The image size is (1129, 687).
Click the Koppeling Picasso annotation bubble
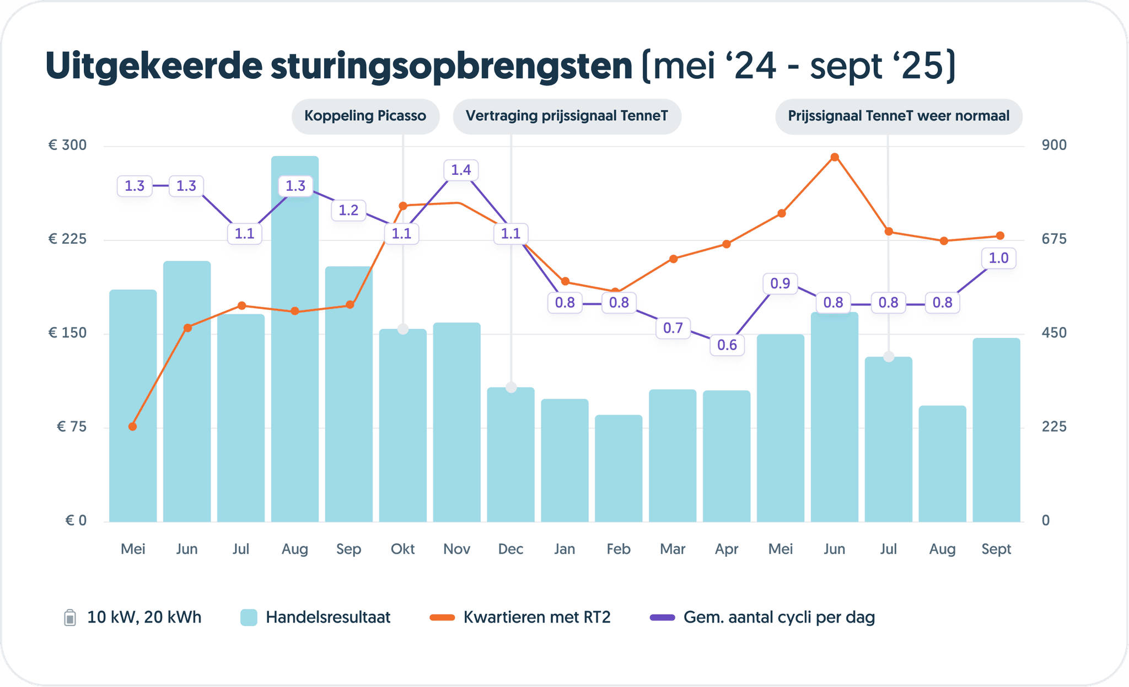[365, 116]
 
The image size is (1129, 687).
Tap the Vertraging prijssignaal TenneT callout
[567, 116]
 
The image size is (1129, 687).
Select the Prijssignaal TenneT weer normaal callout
[899, 116]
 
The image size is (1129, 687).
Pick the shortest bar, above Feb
[619, 469]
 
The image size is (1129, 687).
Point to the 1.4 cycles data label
[461, 170]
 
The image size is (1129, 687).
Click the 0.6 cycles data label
[727, 345]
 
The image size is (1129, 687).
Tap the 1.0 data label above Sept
[998, 258]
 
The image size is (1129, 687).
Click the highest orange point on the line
[835, 157]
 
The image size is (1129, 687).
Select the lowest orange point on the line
[132, 426]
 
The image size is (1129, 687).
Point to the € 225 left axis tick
[67, 239]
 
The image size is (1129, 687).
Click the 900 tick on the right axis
[1054, 145]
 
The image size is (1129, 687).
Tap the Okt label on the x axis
[402, 549]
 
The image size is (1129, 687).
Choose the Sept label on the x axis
[996, 549]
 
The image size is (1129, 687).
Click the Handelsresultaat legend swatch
[249, 618]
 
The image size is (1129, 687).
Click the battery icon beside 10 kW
[70, 618]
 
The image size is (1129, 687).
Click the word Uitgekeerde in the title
[154, 67]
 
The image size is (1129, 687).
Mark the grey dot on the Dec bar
[511, 387]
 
